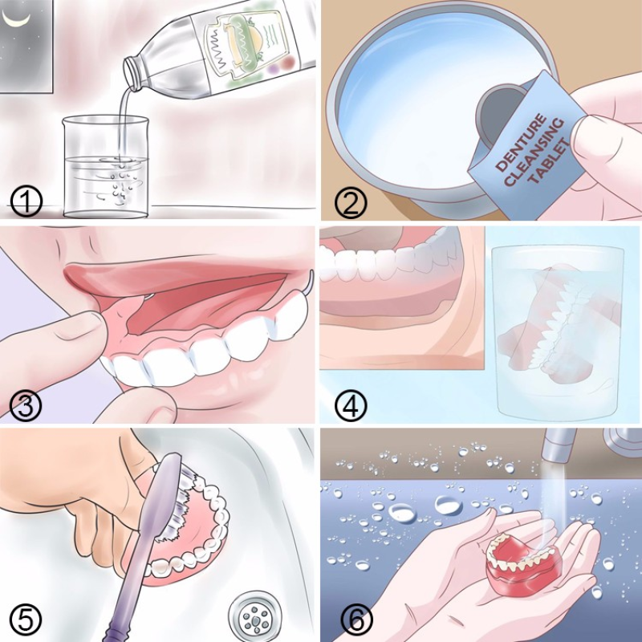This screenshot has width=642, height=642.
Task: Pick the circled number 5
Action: tap(26, 619)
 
